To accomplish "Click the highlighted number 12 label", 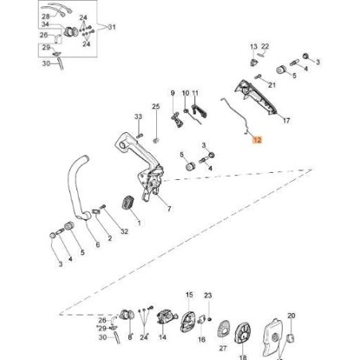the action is click(257, 139).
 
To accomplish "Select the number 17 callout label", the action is click(286, 120).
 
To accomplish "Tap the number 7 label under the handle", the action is click(169, 209).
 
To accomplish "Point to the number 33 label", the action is click(138, 116).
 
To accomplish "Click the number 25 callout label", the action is click(156, 107).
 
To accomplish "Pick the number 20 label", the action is click(292, 315).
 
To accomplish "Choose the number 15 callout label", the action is click(189, 295).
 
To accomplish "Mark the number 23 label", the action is click(208, 295).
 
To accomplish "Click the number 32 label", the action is click(124, 232).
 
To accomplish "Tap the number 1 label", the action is click(139, 223).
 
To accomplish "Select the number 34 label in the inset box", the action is click(45, 25).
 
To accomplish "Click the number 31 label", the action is click(112, 27).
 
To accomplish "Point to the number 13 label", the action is click(253, 47).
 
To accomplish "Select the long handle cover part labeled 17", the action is click(256, 97).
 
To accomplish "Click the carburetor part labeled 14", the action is click(166, 318).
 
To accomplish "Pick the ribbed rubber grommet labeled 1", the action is click(128, 203).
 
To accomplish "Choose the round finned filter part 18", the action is click(242, 333).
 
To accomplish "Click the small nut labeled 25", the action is click(156, 140).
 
